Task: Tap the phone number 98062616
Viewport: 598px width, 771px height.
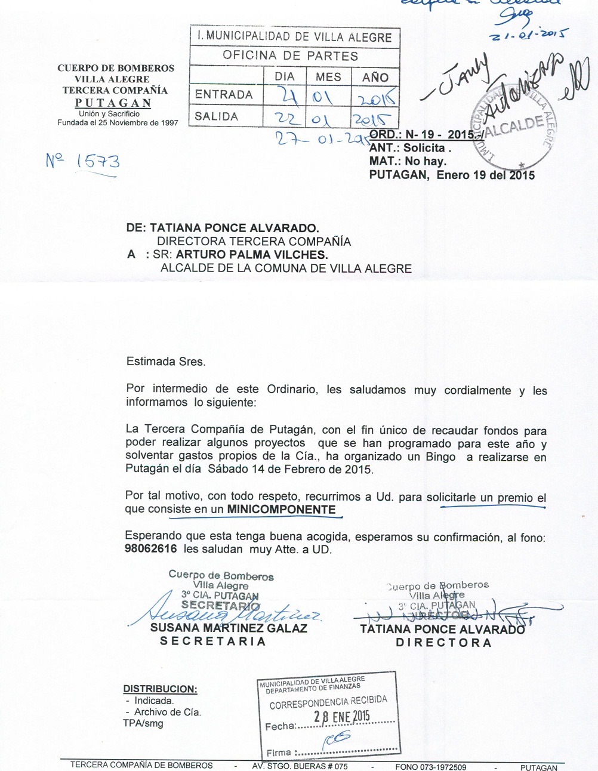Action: tap(150, 549)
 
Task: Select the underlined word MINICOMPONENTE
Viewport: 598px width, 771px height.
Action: tap(282, 510)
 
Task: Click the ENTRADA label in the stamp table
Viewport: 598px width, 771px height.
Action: tap(224, 94)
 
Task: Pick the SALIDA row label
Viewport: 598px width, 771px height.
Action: tap(216, 116)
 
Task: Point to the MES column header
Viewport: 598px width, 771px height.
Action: tap(328, 77)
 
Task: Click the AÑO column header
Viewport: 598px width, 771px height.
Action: tap(375, 77)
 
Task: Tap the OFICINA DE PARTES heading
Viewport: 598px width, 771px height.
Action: tap(291, 55)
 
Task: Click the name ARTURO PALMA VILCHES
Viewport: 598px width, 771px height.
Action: tap(252, 255)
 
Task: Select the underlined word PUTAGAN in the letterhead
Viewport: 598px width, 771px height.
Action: tap(113, 103)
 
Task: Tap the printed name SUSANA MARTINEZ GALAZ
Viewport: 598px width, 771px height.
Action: tap(229, 628)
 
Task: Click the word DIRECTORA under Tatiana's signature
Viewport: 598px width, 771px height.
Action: tap(444, 643)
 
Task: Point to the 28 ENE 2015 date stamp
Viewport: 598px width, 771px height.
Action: tap(342, 717)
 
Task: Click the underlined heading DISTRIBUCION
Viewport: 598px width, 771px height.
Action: tap(160, 689)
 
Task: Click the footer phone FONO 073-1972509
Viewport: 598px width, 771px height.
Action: tap(430, 767)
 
